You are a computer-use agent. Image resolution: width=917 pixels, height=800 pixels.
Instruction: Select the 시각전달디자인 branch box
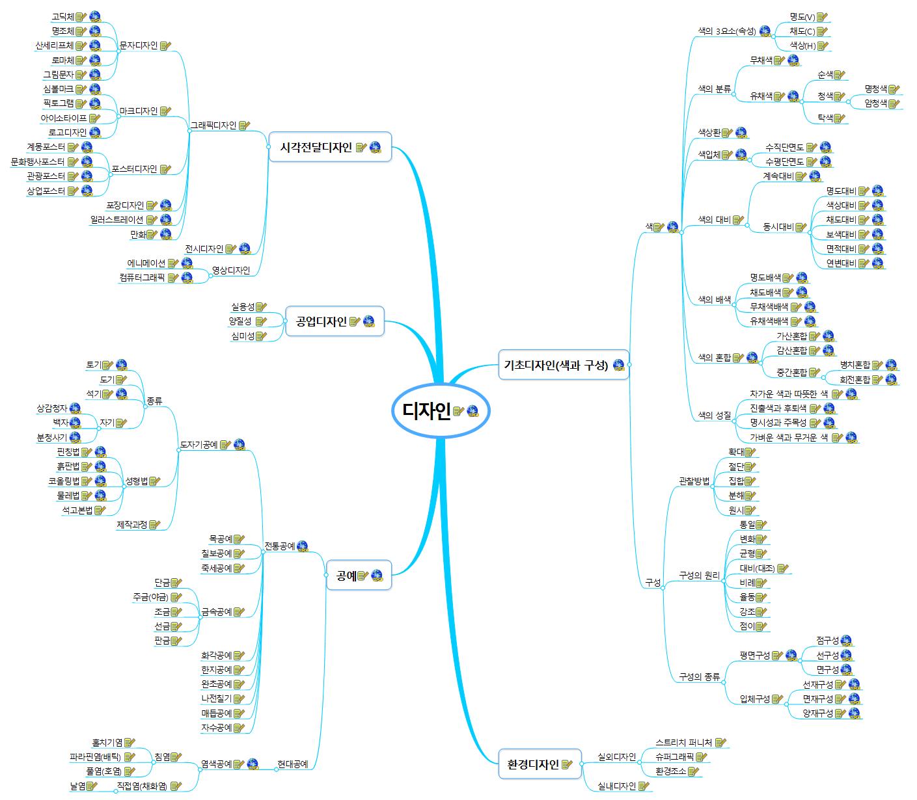click(x=316, y=148)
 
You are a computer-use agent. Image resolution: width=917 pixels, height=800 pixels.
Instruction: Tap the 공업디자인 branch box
click(x=322, y=321)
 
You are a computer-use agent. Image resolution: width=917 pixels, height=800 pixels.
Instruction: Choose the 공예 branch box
click(x=346, y=575)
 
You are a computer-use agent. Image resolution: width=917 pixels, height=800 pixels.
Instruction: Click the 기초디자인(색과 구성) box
click(x=556, y=365)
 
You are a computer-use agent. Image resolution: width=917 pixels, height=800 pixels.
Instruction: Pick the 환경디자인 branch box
click(x=532, y=764)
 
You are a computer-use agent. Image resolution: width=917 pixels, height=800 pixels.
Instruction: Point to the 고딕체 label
click(x=62, y=16)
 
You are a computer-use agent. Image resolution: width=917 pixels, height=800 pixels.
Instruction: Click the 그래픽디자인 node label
click(x=213, y=126)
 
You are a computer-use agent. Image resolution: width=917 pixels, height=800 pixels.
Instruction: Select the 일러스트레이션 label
click(x=117, y=220)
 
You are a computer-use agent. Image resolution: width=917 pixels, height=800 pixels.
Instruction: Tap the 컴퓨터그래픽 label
click(x=142, y=278)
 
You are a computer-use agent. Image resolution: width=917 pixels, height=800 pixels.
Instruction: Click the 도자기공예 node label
click(x=198, y=445)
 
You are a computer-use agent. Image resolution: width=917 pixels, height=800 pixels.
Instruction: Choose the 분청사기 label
click(x=52, y=438)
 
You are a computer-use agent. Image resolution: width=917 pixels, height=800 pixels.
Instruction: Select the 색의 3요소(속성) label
click(x=726, y=31)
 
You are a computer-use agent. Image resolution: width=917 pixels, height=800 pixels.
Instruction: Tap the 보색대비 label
click(x=841, y=234)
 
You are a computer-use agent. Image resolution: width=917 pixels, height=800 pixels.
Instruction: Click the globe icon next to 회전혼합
click(x=892, y=379)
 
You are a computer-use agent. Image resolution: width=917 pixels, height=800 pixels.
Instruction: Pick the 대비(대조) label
click(x=757, y=568)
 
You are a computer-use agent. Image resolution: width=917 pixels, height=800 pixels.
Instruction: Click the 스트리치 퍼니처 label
click(x=684, y=742)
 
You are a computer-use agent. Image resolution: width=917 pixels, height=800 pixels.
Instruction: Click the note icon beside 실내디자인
click(x=644, y=786)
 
